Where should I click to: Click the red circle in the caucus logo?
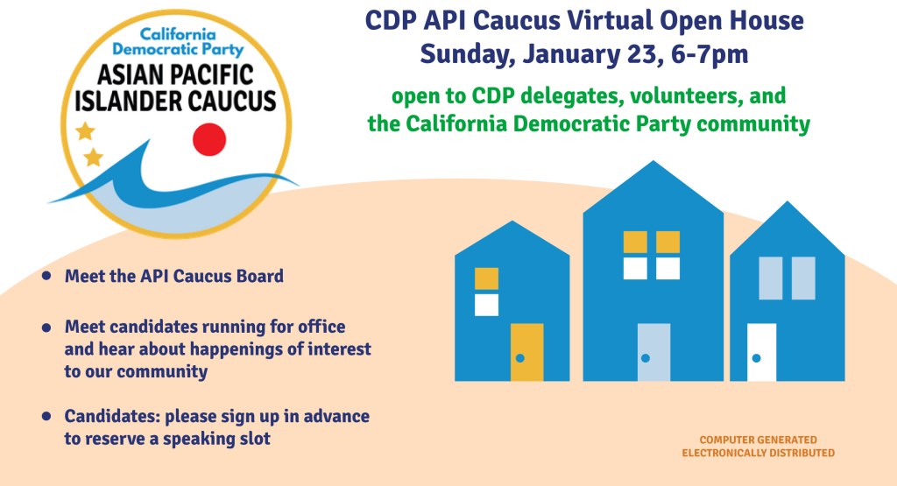click(209, 138)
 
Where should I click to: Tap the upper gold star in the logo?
click(85, 131)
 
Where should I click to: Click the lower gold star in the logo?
click(93, 158)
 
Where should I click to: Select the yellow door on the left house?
click(526, 352)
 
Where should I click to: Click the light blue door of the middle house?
click(653, 352)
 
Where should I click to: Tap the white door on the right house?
click(761, 352)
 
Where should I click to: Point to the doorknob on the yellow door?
click(519, 358)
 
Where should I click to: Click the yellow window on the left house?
click(486, 278)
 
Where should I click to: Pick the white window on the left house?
click(486, 305)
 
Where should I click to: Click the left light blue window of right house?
click(770, 278)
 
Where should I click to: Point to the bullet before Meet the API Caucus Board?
click(46, 277)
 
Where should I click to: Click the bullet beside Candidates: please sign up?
click(46, 416)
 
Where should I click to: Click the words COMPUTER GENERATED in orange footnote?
click(758, 440)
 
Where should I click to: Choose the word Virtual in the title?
click(578, 20)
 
